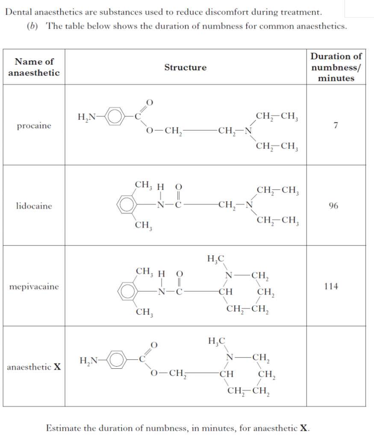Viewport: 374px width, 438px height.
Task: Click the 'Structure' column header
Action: point(186,67)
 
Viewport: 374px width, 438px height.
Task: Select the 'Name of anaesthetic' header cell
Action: point(34,67)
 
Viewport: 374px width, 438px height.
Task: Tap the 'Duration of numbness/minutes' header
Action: point(336,67)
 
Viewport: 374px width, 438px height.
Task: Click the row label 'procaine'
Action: point(34,126)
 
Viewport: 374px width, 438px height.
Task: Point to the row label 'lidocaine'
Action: point(34,206)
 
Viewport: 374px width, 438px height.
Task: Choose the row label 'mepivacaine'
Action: point(34,287)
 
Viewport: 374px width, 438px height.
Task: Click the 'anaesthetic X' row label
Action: point(34,367)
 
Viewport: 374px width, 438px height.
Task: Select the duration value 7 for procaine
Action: point(336,125)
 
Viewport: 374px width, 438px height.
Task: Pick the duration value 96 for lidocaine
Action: point(333,206)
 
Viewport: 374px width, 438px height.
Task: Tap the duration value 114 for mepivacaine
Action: point(331,286)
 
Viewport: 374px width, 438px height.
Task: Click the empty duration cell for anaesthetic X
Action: point(336,366)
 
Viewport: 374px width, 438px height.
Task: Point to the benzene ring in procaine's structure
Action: point(115,117)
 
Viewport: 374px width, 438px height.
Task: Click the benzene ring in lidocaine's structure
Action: point(127,205)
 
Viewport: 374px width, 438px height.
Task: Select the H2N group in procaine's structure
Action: point(86,117)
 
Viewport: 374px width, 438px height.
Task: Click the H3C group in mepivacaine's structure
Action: point(215,259)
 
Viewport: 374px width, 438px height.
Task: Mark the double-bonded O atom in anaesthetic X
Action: point(154,345)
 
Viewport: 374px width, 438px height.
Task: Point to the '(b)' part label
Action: point(32,26)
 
